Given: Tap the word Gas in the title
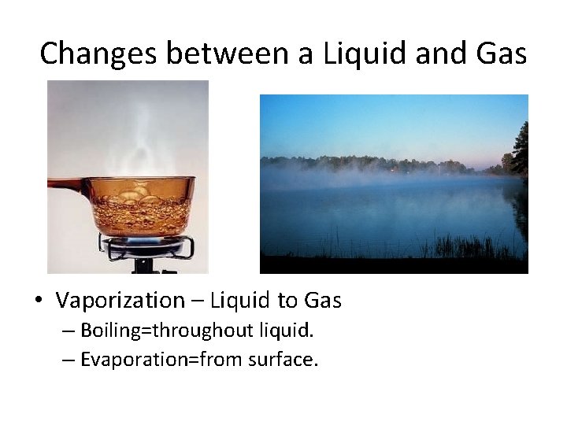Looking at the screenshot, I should [498, 54].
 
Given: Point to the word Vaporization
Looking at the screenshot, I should [119, 300].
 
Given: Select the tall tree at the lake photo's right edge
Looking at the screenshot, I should [519, 153].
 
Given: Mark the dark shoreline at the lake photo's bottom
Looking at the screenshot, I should [394, 265].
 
